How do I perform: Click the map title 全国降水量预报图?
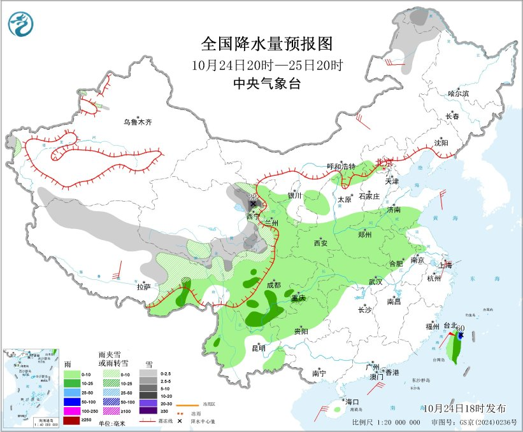pos(267,44)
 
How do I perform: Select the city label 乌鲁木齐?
pos(138,122)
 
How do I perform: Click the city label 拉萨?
pos(144,287)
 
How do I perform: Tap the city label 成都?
pos(273,285)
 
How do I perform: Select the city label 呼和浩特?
pos(341,166)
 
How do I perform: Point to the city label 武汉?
pos(375,282)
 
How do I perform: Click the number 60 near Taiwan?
pos(459,328)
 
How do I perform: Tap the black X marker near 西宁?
pos(252,204)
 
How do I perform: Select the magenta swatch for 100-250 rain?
pos(71,412)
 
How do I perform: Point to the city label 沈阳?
pos(441,143)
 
